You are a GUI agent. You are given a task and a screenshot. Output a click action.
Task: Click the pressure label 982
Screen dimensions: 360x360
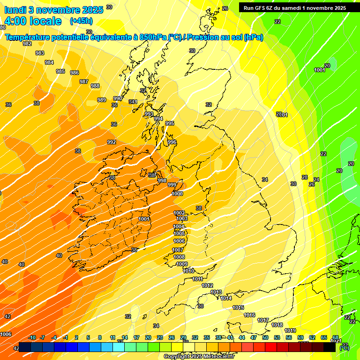[27, 44]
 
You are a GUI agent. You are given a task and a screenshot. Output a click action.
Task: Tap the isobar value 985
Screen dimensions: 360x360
[60, 71]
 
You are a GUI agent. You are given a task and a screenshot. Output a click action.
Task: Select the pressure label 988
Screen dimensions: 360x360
[95, 86]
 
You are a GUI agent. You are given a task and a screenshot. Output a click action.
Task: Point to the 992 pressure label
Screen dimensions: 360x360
[112, 142]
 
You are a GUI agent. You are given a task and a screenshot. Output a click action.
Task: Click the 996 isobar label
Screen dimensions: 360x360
[172, 142]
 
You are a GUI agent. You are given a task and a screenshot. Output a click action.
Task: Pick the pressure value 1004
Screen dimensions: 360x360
[179, 226]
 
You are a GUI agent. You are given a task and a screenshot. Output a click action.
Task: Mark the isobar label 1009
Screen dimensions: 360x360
[182, 264]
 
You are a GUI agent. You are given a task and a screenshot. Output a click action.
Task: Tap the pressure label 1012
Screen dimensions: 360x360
[207, 285]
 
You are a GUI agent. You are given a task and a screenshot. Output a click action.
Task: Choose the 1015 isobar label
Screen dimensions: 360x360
[238, 307]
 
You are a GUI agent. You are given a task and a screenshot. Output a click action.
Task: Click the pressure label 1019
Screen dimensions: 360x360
[290, 330]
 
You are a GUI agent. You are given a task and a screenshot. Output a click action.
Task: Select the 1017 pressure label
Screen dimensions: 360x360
[263, 320]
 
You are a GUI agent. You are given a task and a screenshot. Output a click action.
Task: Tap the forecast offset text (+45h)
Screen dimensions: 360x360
[81, 21]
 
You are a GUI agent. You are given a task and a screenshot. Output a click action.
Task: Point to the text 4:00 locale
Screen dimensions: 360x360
[33, 21]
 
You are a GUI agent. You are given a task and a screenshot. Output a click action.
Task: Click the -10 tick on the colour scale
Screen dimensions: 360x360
[32, 337]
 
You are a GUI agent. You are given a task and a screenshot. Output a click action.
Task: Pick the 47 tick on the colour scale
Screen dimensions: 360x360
[254, 337]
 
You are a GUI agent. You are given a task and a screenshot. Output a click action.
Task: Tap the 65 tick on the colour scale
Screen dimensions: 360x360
[324, 337]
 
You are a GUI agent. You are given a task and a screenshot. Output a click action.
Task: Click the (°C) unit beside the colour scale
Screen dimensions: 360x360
[344, 347]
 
